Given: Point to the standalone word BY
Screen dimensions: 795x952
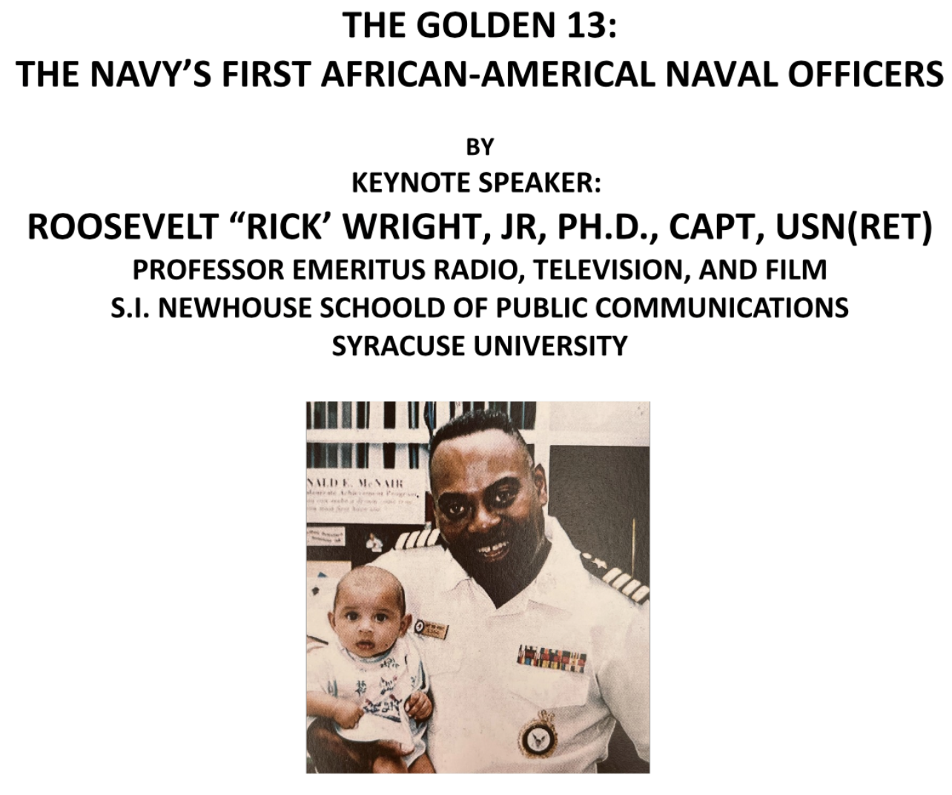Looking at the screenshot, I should click(480, 148).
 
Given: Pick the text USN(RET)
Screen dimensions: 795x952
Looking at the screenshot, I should click(853, 227).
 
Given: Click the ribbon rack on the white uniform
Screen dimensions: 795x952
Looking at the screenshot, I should click(552, 657).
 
